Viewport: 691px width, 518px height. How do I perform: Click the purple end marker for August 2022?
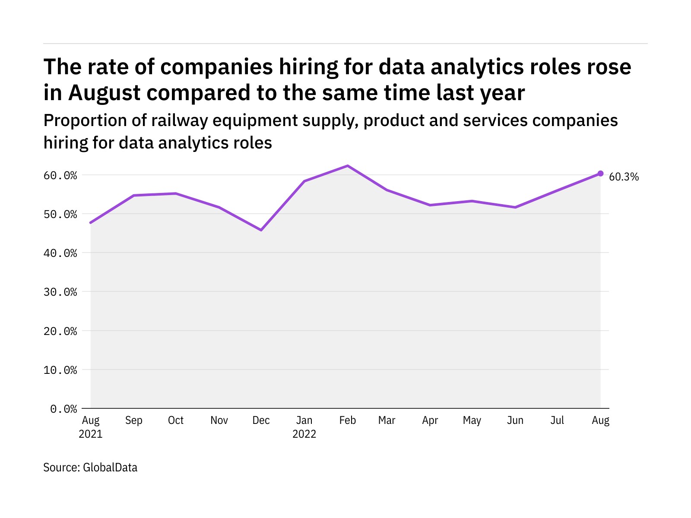tap(600, 174)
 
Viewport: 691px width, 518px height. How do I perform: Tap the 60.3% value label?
tap(624, 177)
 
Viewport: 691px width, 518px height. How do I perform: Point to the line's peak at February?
tap(348, 166)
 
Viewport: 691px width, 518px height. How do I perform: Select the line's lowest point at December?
tap(261, 230)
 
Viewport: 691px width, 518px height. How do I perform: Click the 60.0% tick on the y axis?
tap(60, 175)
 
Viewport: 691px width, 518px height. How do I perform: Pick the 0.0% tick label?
tap(63, 409)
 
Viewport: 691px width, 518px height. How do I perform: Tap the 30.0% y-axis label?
tap(60, 292)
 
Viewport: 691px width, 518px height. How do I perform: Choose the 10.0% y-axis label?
tap(60, 370)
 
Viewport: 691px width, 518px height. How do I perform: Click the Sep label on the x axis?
tap(134, 420)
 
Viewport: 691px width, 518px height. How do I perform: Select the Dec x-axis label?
tap(261, 420)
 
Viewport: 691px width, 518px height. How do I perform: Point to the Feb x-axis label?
tap(348, 420)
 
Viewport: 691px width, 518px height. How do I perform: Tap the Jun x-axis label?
tap(515, 420)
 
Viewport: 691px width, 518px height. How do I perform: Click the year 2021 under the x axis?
tap(91, 434)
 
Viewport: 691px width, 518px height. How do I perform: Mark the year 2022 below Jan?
tap(304, 434)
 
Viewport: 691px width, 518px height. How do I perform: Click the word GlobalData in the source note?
tap(110, 467)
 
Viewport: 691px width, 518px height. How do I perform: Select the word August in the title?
tap(104, 93)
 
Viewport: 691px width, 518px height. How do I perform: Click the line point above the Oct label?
tap(176, 193)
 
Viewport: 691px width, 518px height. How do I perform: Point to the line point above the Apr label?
tap(430, 205)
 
